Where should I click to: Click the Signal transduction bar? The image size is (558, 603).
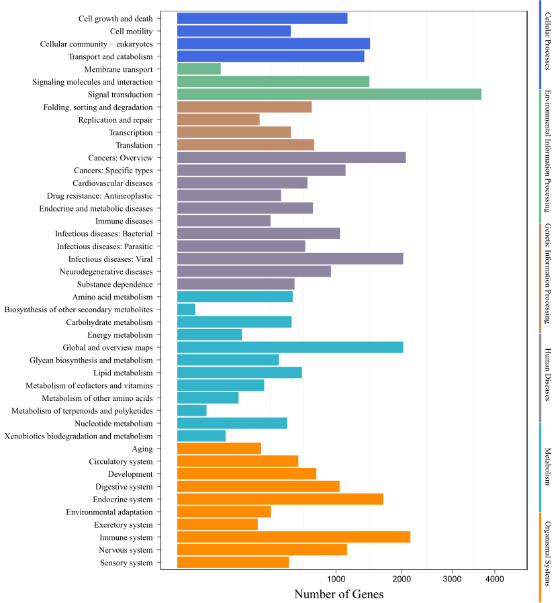click(329, 95)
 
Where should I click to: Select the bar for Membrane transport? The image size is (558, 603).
click(199, 69)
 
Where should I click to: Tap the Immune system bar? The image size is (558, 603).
click(293, 537)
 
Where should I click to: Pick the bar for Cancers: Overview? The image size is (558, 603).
click(291, 158)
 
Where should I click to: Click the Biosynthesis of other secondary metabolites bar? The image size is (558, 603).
click(186, 310)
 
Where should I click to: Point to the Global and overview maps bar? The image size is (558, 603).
click(290, 347)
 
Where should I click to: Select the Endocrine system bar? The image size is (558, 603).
click(280, 500)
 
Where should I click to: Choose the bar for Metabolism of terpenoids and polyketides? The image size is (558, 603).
click(192, 411)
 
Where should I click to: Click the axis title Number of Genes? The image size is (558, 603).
click(339, 594)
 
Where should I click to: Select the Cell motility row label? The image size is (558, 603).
click(131, 32)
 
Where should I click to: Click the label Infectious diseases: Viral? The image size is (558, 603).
click(110, 259)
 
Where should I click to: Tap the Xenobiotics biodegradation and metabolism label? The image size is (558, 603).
click(79, 436)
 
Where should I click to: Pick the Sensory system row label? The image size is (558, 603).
click(126, 563)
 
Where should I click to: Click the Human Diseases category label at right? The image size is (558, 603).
click(548, 375)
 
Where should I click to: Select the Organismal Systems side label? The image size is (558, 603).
click(548, 553)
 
